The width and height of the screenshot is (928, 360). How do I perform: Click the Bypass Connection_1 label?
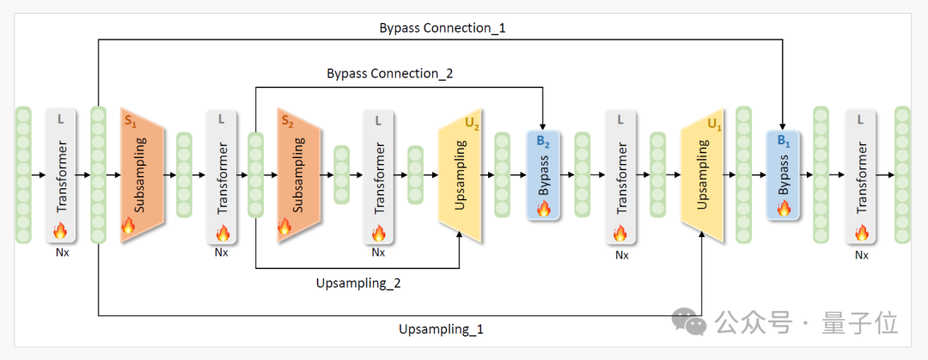tap(443, 27)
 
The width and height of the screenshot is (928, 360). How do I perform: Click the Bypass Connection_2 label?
tap(389, 74)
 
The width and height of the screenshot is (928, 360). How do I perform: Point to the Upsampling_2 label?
tap(357, 283)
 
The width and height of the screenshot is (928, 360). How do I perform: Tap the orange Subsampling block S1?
tap(142, 176)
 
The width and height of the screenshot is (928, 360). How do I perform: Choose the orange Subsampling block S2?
tap(299, 176)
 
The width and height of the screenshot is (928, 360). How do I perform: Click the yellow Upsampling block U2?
tap(459, 176)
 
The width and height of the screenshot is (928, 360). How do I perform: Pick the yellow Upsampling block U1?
tap(701, 176)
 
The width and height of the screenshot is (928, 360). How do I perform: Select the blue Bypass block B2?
tap(543, 176)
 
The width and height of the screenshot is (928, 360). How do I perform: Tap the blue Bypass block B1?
tap(784, 176)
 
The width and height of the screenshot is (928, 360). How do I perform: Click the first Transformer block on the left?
tap(61, 176)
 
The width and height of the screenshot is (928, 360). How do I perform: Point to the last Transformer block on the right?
tap(862, 176)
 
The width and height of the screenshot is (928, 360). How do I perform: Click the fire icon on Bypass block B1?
tap(784, 208)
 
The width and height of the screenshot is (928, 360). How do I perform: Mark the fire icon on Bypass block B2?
tap(543, 208)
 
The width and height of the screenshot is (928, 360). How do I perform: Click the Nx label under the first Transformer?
tap(61, 253)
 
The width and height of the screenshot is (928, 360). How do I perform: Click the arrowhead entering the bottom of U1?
tap(703, 237)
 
